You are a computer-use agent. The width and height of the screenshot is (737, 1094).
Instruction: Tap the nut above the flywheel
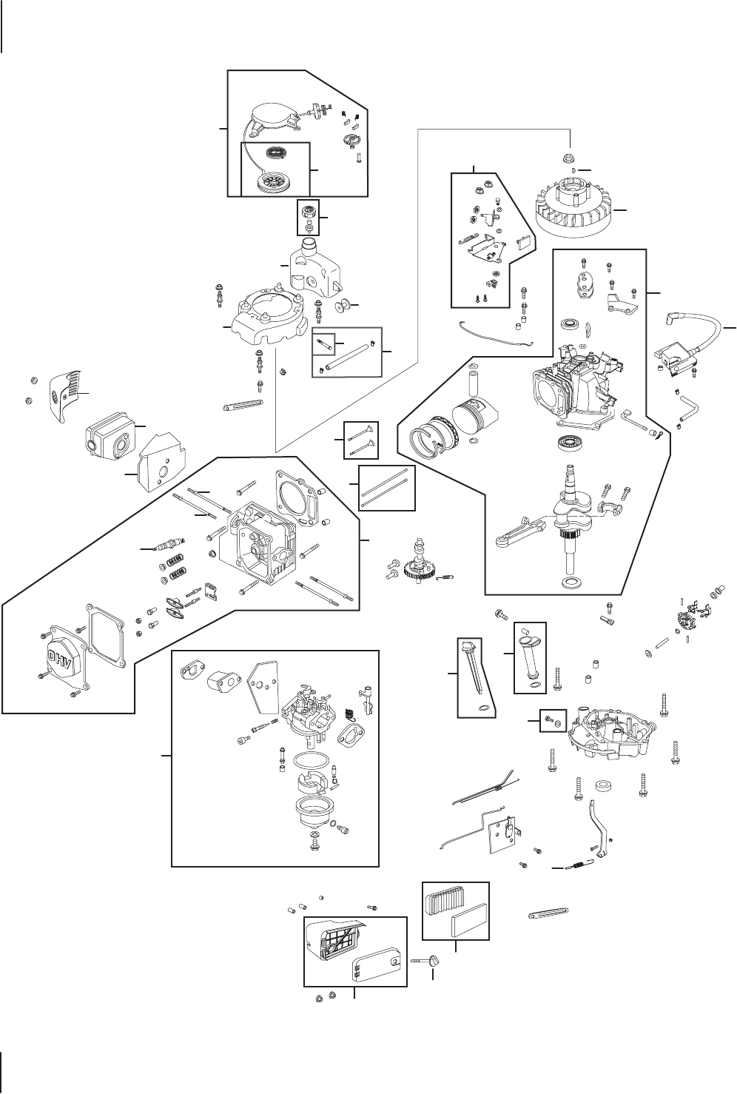(569, 159)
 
